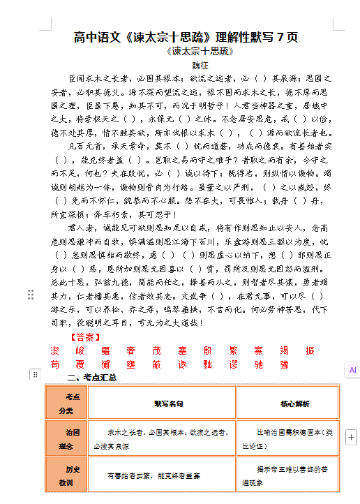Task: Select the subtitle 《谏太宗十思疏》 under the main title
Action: (x=200, y=51)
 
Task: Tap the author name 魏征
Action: (x=201, y=64)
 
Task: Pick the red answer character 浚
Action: (x=55, y=350)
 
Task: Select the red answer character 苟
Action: (x=55, y=364)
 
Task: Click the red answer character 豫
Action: (x=285, y=364)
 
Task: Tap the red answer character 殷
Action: (x=207, y=350)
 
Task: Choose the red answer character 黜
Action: (x=207, y=364)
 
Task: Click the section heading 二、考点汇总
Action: (x=93, y=378)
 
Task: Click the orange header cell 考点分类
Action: (x=67, y=403)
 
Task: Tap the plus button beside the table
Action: (x=351, y=437)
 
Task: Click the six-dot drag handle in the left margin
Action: (x=31, y=295)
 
